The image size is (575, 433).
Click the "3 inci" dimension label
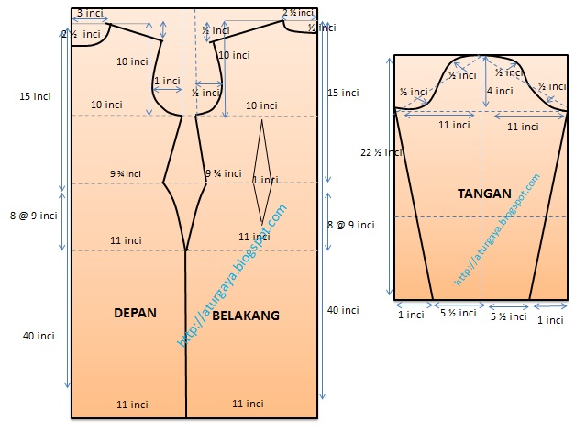click(x=90, y=13)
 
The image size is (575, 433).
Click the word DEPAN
click(x=135, y=313)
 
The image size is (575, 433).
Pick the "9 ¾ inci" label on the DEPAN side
click(x=126, y=173)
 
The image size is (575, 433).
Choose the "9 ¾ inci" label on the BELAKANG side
click(x=222, y=173)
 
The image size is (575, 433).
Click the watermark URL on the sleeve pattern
click(x=498, y=229)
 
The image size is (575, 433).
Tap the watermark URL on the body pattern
click(x=232, y=276)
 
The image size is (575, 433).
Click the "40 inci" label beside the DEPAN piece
click(x=39, y=336)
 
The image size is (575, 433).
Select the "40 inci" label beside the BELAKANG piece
click(x=344, y=310)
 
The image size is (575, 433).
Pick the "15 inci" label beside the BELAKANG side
click(x=344, y=93)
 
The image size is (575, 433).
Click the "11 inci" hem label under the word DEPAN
click(x=133, y=404)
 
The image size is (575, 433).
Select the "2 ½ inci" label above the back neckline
click(x=299, y=13)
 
